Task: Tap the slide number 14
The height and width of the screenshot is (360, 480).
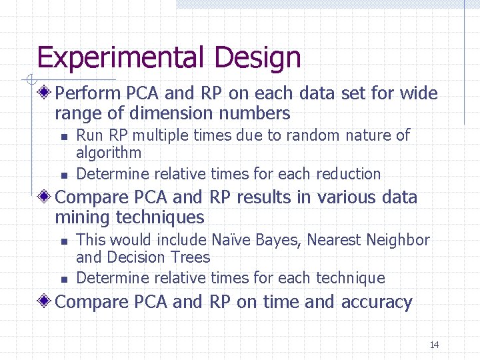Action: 434,345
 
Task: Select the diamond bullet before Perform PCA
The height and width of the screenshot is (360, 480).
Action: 45,93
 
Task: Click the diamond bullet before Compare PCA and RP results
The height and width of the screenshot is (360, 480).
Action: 45,197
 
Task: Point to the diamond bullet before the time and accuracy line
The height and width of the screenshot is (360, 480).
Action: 45,302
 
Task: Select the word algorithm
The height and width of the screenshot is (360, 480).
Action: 109,153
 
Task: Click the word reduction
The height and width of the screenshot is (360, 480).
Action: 348,174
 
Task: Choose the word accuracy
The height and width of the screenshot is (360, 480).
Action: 377,302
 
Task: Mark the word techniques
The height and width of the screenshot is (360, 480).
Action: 160,217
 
